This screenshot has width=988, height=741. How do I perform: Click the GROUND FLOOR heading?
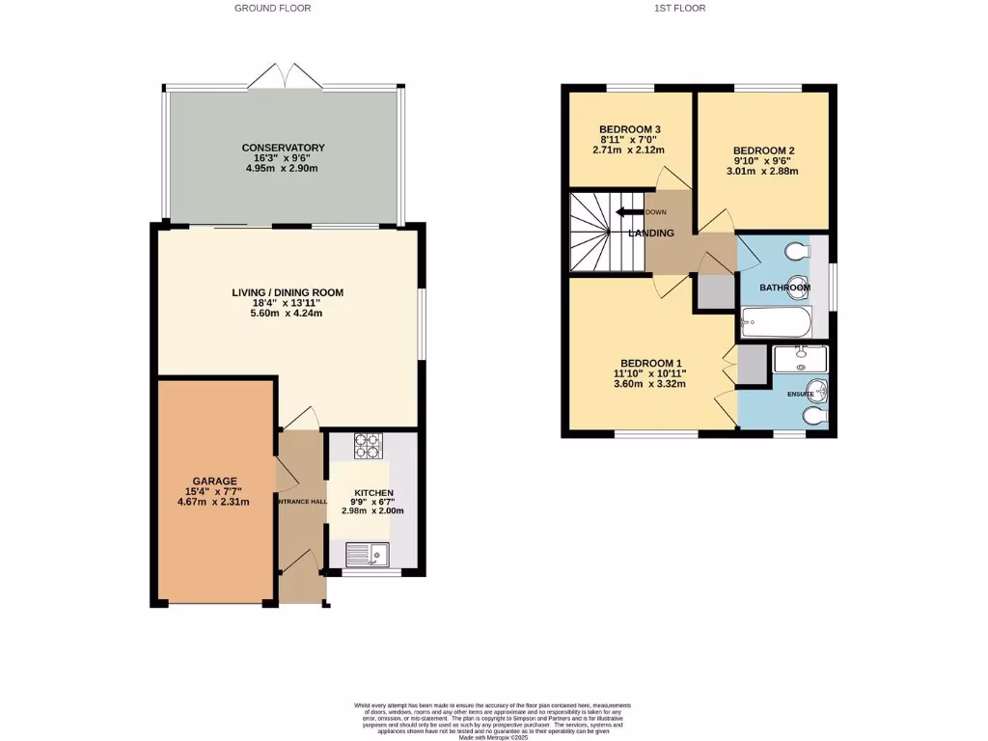click(x=272, y=8)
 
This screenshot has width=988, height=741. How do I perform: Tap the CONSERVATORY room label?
click(x=283, y=148)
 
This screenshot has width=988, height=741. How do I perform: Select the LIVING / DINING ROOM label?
click(x=288, y=292)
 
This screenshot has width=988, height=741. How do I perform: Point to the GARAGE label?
click(x=214, y=480)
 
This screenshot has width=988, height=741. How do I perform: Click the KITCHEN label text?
click(x=372, y=492)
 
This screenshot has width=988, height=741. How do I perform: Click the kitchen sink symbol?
click(x=368, y=554)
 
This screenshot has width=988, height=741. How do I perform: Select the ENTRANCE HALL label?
click(x=302, y=502)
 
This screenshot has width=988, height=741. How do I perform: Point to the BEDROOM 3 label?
click(x=629, y=129)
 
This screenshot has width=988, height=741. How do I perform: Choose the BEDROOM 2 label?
click(x=763, y=151)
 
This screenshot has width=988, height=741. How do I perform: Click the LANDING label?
click(x=651, y=233)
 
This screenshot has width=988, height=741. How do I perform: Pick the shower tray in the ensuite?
click(x=800, y=360)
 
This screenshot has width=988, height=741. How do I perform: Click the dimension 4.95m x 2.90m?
click(x=283, y=168)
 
